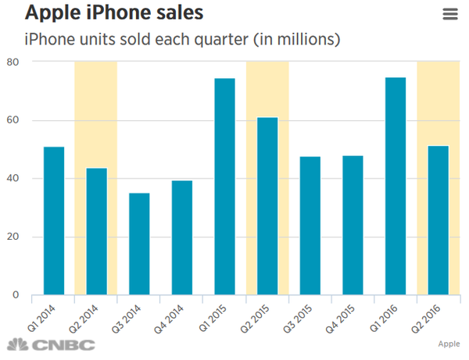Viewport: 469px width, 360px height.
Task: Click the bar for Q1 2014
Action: click(54, 221)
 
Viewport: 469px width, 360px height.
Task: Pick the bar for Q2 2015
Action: click(267, 206)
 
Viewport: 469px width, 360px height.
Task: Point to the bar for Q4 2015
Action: click(353, 226)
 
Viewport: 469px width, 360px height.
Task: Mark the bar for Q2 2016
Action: click(439, 220)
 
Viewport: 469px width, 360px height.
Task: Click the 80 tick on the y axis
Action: click(13, 62)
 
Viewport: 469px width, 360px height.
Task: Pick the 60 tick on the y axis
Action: click(13, 120)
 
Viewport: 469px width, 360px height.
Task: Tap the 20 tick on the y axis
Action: click(13, 237)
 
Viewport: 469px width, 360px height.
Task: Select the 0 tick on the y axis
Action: click(16, 295)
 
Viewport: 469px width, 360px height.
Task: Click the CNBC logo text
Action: click(59, 345)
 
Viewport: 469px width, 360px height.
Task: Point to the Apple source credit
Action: click(448, 344)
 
